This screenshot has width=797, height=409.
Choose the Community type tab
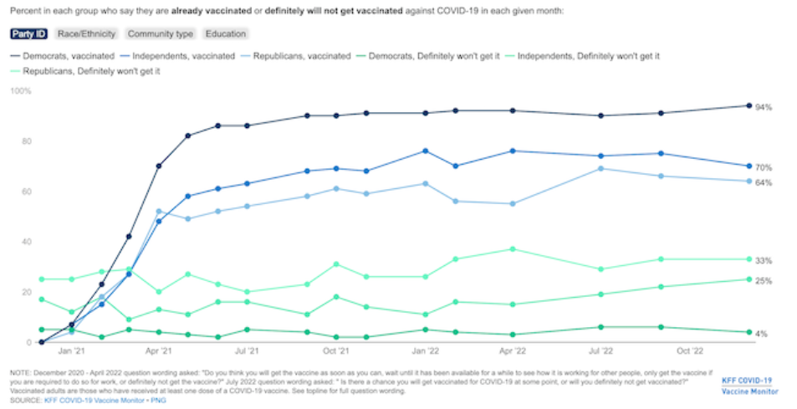(x=161, y=34)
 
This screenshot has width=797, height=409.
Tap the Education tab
(x=227, y=34)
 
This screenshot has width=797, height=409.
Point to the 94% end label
(x=763, y=108)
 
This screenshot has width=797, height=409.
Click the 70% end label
(x=763, y=168)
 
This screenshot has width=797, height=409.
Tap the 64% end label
(x=763, y=182)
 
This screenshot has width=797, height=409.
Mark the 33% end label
(x=763, y=261)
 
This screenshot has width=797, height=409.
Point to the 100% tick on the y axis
(x=21, y=90)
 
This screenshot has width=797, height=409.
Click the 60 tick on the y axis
(x=26, y=192)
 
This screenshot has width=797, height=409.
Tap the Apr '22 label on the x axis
(x=512, y=353)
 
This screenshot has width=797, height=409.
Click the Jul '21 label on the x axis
(x=246, y=353)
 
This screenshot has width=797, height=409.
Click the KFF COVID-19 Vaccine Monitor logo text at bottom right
(x=750, y=386)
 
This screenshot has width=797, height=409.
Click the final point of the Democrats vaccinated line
(x=748, y=105)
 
